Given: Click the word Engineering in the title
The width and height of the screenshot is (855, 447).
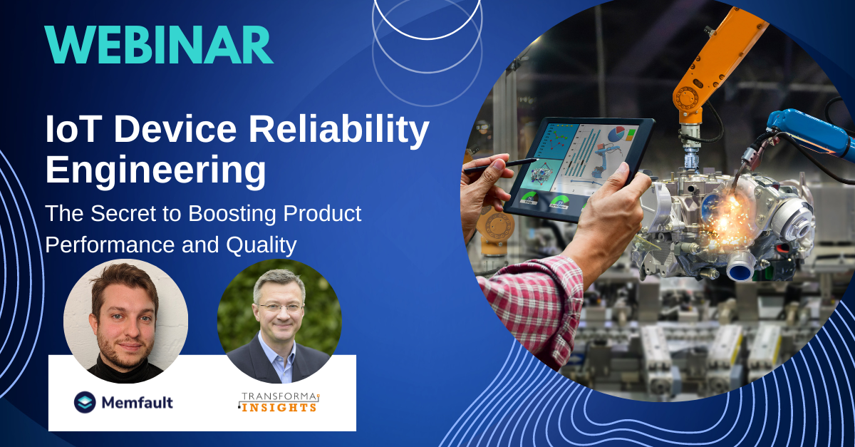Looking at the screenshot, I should point(155,171).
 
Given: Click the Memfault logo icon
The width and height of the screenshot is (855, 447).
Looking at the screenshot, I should point(85,401).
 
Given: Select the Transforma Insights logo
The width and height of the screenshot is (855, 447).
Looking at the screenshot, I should point(278,401).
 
